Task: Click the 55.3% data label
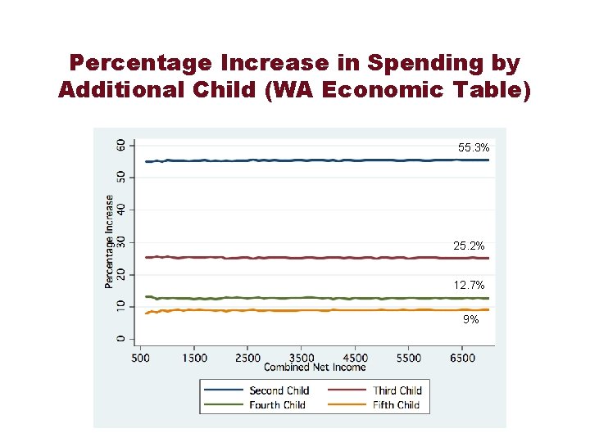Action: click(x=474, y=148)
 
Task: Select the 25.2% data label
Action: click(x=469, y=246)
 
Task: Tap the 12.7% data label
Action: click(x=469, y=285)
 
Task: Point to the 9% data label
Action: click(x=470, y=320)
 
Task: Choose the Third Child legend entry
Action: click(x=397, y=390)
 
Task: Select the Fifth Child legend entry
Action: click(x=397, y=404)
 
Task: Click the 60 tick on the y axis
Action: click(x=121, y=144)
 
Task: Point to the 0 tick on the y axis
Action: click(x=121, y=339)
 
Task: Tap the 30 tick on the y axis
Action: click(x=121, y=241)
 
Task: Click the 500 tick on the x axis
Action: click(x=140, y=358)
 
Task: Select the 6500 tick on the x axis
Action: click(x=462, y=358)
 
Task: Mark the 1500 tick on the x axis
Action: click(x=193, y=358)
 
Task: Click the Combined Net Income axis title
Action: click(x=315, y=368)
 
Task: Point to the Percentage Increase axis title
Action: click(x=109, y=241)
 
